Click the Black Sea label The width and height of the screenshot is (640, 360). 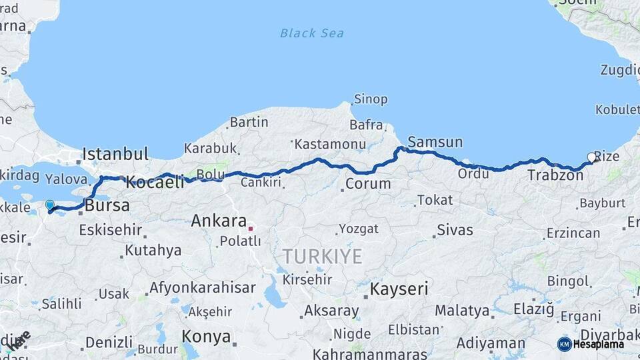point(312,33)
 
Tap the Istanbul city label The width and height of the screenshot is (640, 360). point(115,155)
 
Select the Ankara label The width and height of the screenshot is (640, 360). point(219,221)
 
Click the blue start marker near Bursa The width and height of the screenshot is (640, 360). point(49,205)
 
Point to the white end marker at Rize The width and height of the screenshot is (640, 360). point(591,158)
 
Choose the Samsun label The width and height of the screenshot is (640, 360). point(435,142)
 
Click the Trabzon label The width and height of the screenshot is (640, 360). point(555,175)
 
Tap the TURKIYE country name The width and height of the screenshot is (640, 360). point(322,256)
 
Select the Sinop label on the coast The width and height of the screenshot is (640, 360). point(371,99)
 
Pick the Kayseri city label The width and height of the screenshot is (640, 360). point(399,289)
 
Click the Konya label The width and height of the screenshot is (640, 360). point(206,336)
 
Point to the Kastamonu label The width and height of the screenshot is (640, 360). point(330,144)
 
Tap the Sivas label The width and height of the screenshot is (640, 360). point(455,231)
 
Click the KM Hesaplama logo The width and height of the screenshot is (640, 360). point(591,344)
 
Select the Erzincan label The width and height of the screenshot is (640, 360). point(573,233)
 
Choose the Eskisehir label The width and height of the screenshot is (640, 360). point(111,230)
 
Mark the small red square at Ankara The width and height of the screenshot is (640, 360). point(251,229)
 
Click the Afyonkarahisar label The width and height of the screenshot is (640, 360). point(202,288)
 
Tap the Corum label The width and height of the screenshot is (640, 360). point(368,183)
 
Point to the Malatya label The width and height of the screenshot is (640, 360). point(461,311)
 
